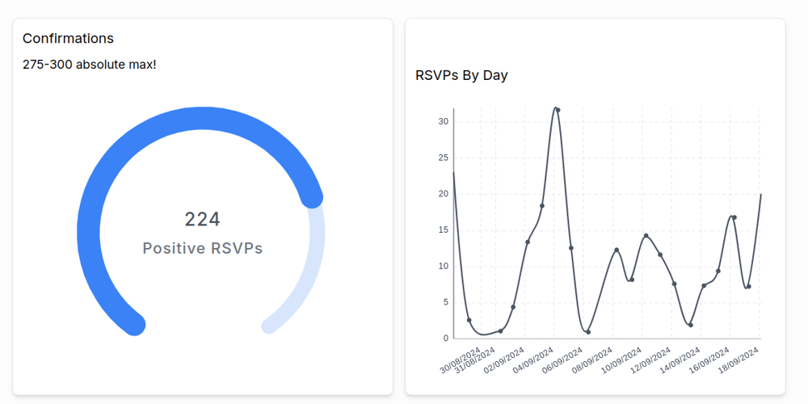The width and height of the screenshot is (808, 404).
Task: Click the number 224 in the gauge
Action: [x=202, y=219]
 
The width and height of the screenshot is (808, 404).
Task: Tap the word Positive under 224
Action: [x=174, y=248]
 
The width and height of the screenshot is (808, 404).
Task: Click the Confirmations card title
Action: [x=68, y=38]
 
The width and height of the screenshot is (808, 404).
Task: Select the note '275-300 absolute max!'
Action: [x=89, y=64]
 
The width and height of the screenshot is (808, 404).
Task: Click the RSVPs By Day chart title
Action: [x=461, y=75]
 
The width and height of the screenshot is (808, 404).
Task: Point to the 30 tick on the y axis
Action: [x=444, y=122]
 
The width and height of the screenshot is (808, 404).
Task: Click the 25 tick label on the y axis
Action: [x=444, y=158]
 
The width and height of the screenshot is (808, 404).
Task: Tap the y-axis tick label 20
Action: [x=444, y=194]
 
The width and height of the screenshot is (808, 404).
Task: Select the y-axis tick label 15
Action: [x=444, y=229]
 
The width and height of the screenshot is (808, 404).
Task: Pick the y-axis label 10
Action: [x=444, y=266]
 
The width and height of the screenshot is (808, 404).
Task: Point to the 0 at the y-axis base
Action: [x=445, y=338]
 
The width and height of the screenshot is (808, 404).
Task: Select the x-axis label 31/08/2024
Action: [x=475, y=361]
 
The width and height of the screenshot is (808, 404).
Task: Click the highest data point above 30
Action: [x=558, y=110]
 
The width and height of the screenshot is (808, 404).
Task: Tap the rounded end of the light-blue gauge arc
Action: [x=269, y=326]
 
